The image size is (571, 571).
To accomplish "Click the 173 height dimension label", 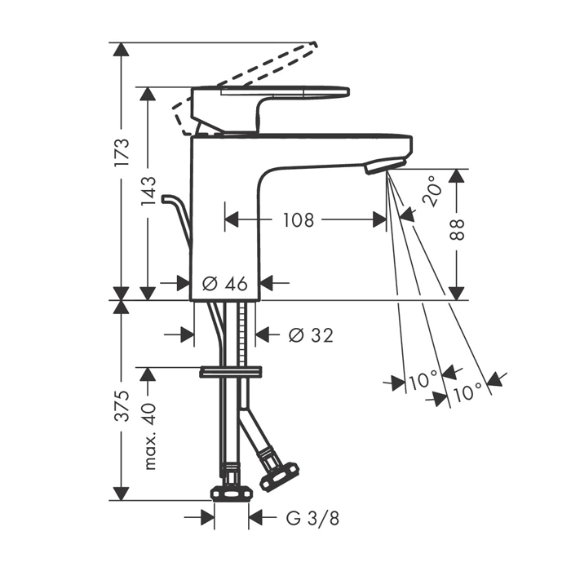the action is click(122, 153).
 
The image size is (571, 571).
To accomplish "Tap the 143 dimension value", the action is click(148, 191).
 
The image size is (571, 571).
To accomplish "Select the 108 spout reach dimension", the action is click(299, 219).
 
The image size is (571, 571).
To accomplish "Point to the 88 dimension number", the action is click(457, 229).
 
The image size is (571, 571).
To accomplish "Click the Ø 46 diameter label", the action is click(224, 283).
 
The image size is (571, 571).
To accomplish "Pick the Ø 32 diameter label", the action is click(311, 335).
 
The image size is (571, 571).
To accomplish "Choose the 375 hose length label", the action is click(122, 406).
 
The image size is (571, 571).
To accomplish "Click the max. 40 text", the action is click(149, 436).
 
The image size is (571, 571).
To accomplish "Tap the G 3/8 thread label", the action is click(312, 518).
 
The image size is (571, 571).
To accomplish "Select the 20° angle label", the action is click(432, 192).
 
